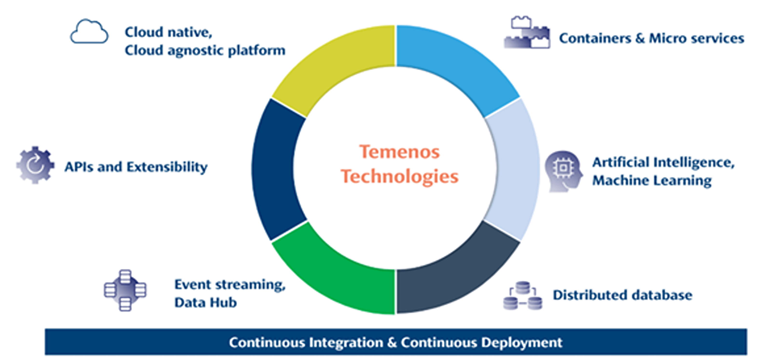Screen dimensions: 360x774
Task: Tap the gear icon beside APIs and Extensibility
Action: [35, 165]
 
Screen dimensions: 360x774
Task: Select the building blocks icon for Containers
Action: [527, 33]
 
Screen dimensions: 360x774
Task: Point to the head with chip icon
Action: [563, 171]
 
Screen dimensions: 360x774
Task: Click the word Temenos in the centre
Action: [399, 152]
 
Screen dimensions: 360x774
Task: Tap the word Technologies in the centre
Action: [399, 177]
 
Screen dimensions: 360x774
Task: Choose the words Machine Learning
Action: [652, 181]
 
